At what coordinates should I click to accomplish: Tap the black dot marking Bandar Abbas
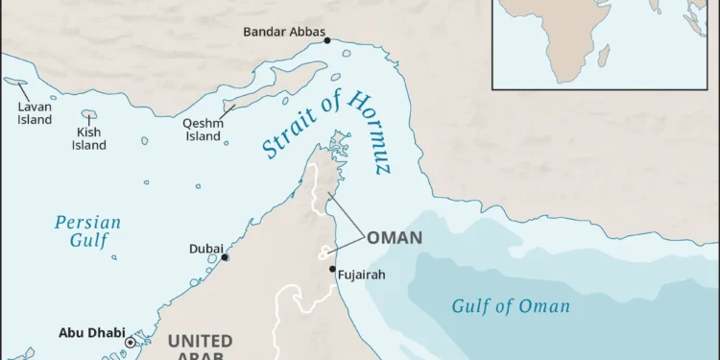(x=326, y=40)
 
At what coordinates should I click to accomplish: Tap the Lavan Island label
(x=35, y=113)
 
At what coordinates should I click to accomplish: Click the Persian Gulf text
(x=87, y=231)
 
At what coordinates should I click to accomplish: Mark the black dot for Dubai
(x=225, y=257)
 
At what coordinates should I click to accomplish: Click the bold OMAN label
(x=394, y=237)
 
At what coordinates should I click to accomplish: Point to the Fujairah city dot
(x=333, y=269)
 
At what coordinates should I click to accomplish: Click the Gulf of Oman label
(x=511, y=307)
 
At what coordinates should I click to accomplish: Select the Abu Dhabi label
(x=91, y=333)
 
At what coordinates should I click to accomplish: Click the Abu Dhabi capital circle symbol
(x=131, y=341)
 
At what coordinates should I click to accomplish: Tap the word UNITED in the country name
(x=200, y=341)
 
